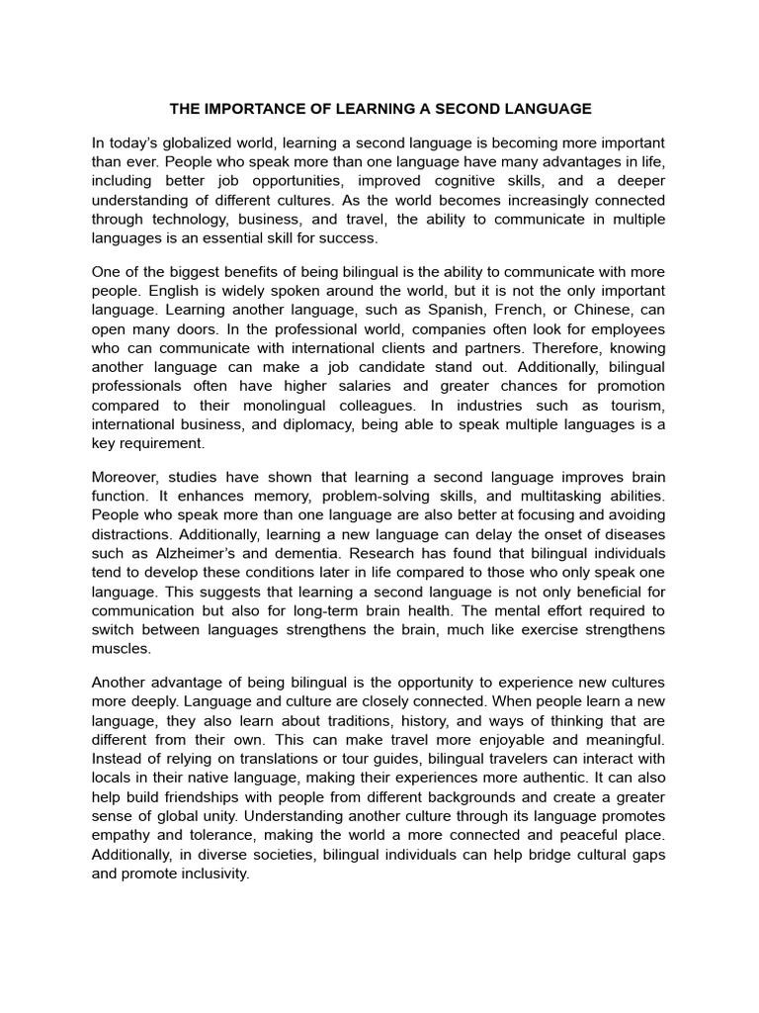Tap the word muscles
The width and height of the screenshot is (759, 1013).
coord(122,648)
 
